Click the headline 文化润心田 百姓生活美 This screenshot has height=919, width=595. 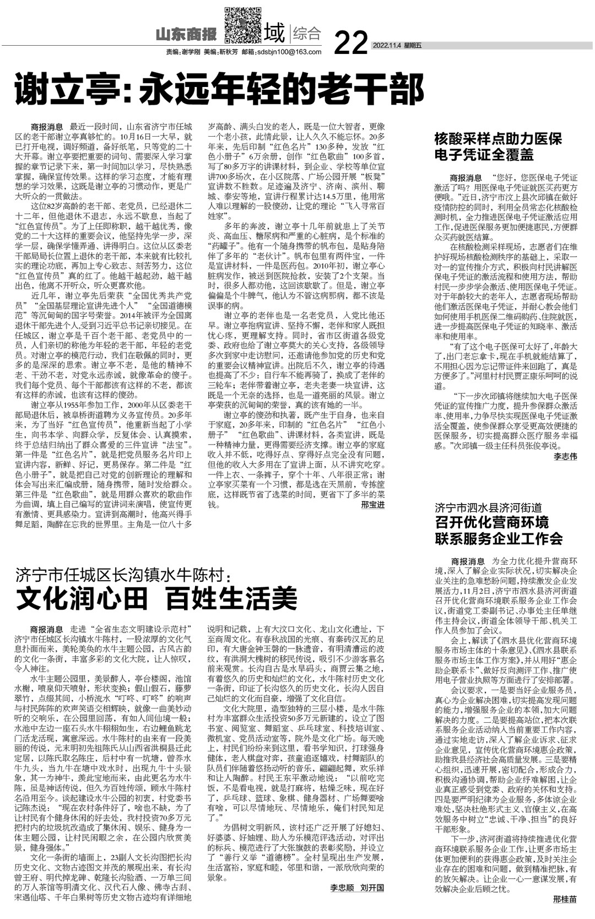(x=156, y=598)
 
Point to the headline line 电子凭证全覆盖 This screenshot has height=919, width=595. (x=484, y=154)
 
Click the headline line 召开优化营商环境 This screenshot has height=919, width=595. (x=492, y=522)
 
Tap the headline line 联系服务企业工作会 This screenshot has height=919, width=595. (x=499, y=538)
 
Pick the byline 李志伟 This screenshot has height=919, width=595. (x=565, y=456)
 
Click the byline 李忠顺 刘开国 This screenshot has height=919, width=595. (x=357, y=888)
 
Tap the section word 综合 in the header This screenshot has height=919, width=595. (x=307, y=34)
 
